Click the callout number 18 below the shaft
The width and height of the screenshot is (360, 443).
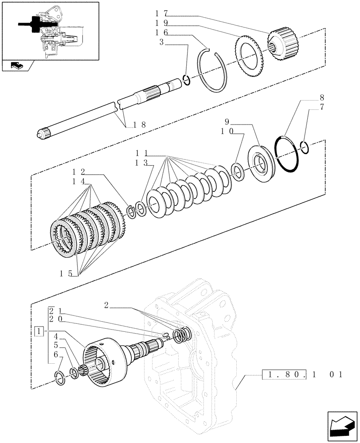pyautogui.click(x=139, y=125)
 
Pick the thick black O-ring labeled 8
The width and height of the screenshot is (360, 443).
pyautogui.click(x=286, y=153)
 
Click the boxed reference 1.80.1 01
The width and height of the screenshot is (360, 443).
pyautogui.click(x=302, y=375)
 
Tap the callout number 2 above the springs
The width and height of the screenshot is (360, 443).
pyautogui.click(x=106, y=305)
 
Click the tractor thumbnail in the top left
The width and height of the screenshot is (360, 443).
pyautogui.click(x=50, y=31)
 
